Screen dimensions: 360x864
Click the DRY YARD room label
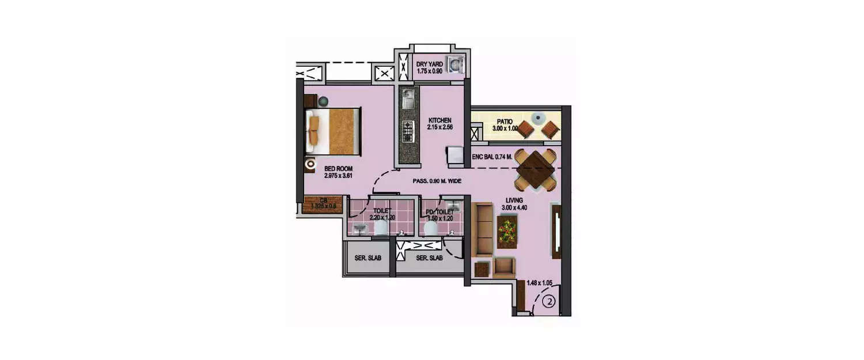pos(430,64)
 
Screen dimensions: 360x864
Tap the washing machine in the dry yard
pos(456,65)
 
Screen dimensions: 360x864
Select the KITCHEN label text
pos(439,120)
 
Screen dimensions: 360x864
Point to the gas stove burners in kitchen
pos(408,131)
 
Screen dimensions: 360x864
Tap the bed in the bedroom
pos(333,131)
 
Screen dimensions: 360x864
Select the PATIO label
pos(505,122)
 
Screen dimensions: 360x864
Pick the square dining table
pos(536,168)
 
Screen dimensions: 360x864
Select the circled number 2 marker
pos(549,301)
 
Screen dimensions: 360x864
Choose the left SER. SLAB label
pos(368,258)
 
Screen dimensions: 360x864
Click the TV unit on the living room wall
pos(557,230)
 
